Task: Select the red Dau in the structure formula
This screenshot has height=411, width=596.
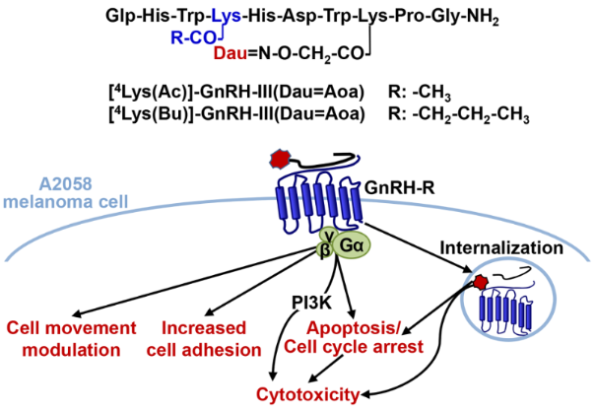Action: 232,60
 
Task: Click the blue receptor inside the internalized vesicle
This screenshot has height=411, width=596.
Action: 499,320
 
